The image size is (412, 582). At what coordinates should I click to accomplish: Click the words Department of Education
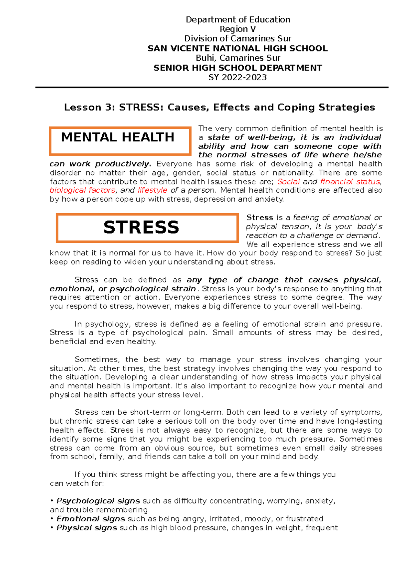[238, 20]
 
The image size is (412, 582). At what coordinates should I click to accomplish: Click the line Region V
[238, 29]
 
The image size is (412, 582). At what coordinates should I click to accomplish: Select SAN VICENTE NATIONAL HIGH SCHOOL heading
[238, 48]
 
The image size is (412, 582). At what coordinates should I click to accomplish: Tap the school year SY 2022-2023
[238, 77]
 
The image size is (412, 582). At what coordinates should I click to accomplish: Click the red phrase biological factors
[82, 190]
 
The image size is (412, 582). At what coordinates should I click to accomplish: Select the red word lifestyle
[152, 190]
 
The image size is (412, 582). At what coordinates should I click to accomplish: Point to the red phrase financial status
[350, 182]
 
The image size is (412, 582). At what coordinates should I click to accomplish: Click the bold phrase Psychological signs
[98, 501]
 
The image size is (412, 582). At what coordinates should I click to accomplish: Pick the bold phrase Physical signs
[87, 528]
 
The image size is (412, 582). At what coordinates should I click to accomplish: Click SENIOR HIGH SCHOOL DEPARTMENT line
[238, 68]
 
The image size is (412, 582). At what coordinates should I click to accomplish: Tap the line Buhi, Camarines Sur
[238, 58]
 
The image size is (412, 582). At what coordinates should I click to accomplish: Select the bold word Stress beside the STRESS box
[260, 218]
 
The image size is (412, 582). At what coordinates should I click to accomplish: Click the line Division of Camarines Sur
[238, 38]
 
